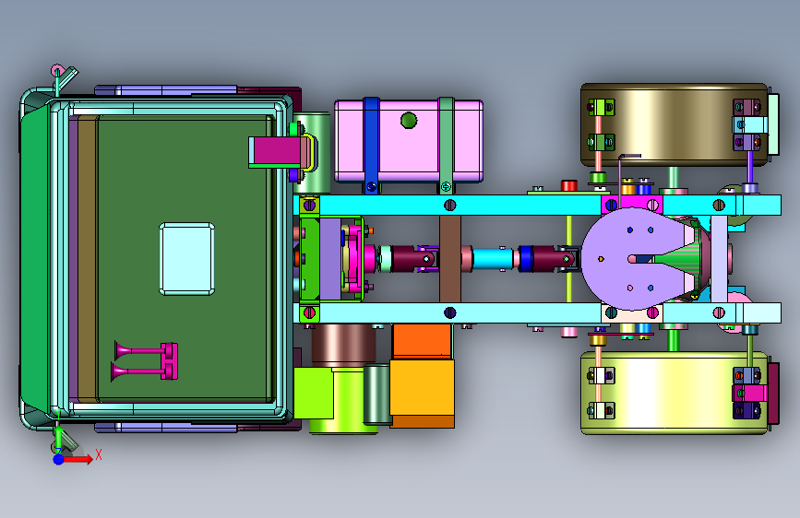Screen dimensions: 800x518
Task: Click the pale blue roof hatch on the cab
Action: (x=186, y=259)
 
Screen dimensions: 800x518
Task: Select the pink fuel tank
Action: (x=409, y=141)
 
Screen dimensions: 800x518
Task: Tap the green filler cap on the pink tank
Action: (x=409, y=121)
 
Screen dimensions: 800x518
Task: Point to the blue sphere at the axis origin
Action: (x=59, y=459)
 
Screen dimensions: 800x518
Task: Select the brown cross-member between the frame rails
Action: (x=450, y=259)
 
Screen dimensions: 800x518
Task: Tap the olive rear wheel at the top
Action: (x=674, y=125)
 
